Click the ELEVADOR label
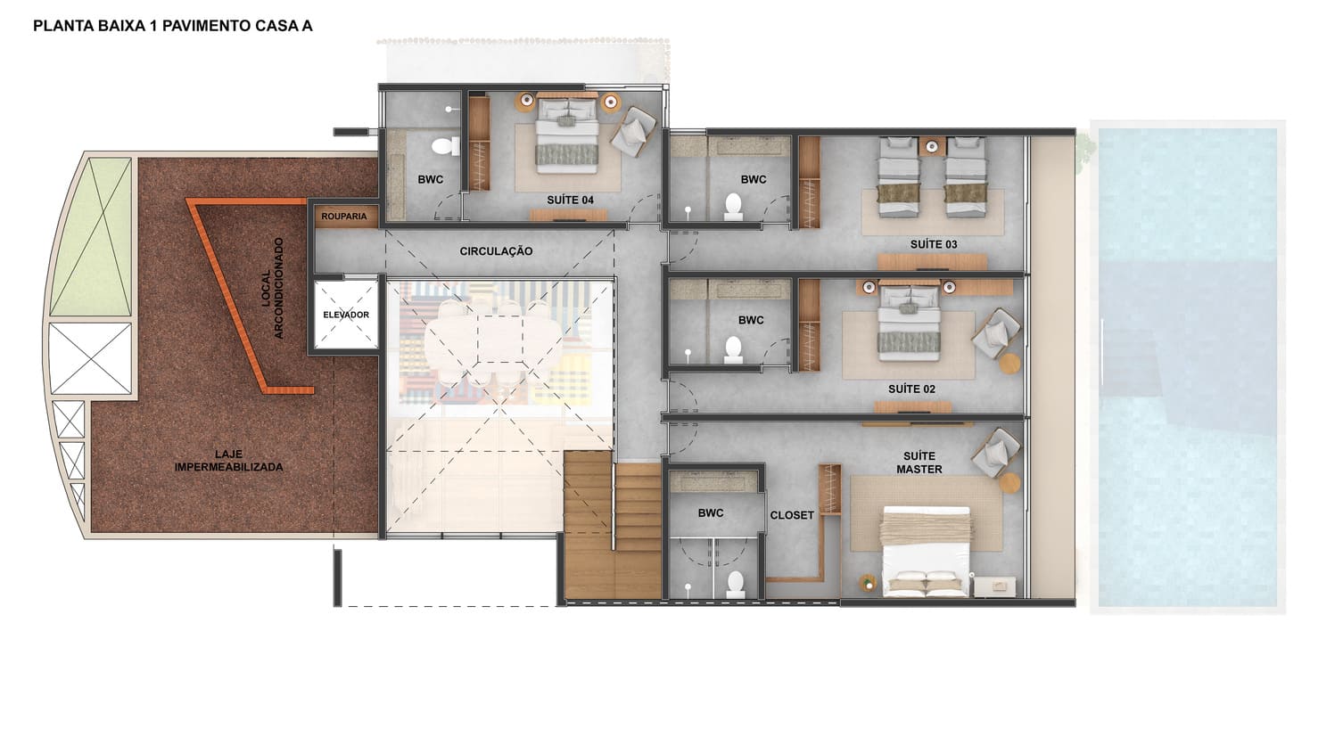click(346, 315)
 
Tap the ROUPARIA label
click(343, 217)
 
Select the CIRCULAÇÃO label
click(496, 251)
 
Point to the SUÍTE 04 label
click(570, 200)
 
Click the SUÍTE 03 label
click(934, 244)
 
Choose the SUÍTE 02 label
click(911, 389)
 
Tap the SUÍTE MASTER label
click(919, 463)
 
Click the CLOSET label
click(792, 515)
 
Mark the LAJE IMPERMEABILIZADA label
click(228, 461)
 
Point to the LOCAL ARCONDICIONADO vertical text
click(272, 287)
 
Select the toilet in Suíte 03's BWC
click(733, 206)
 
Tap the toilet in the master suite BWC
click(736, 584)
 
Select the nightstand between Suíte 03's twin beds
click(932, 145)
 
